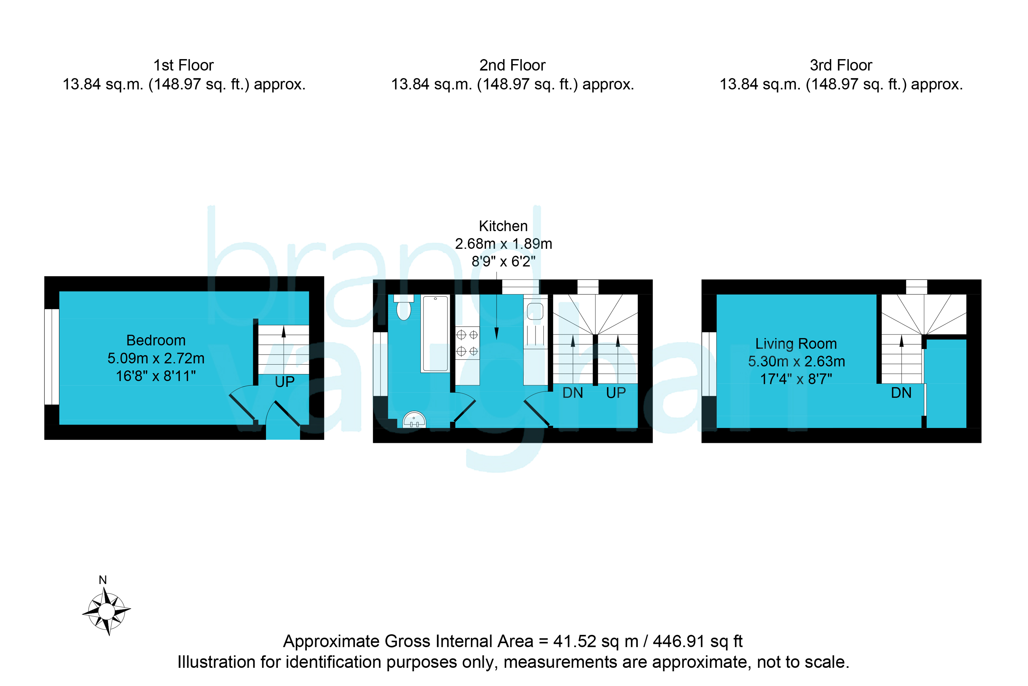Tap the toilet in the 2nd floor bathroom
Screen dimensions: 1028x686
click(403, 308)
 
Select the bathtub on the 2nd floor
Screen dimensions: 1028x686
click(435, 334)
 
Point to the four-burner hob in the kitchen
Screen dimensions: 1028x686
click(467, 343)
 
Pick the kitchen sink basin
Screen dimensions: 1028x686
click(535, 311)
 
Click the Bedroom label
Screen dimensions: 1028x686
click(156, 341)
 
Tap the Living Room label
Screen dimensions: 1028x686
click(796, 344)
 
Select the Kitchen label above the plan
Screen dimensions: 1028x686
click(503, 226)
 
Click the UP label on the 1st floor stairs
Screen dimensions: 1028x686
click(284, 382)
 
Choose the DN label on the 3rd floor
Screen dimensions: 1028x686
click(901, 393)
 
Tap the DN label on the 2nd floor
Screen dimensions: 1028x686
click(573, 393)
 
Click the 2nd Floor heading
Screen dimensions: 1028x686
click(512, 65)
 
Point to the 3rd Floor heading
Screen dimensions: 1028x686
click(841, 65)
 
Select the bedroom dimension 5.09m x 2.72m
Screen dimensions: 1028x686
click(156, 358)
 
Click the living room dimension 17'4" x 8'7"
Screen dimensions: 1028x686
click(796, 379)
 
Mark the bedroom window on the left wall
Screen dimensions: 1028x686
click(52, 357)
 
